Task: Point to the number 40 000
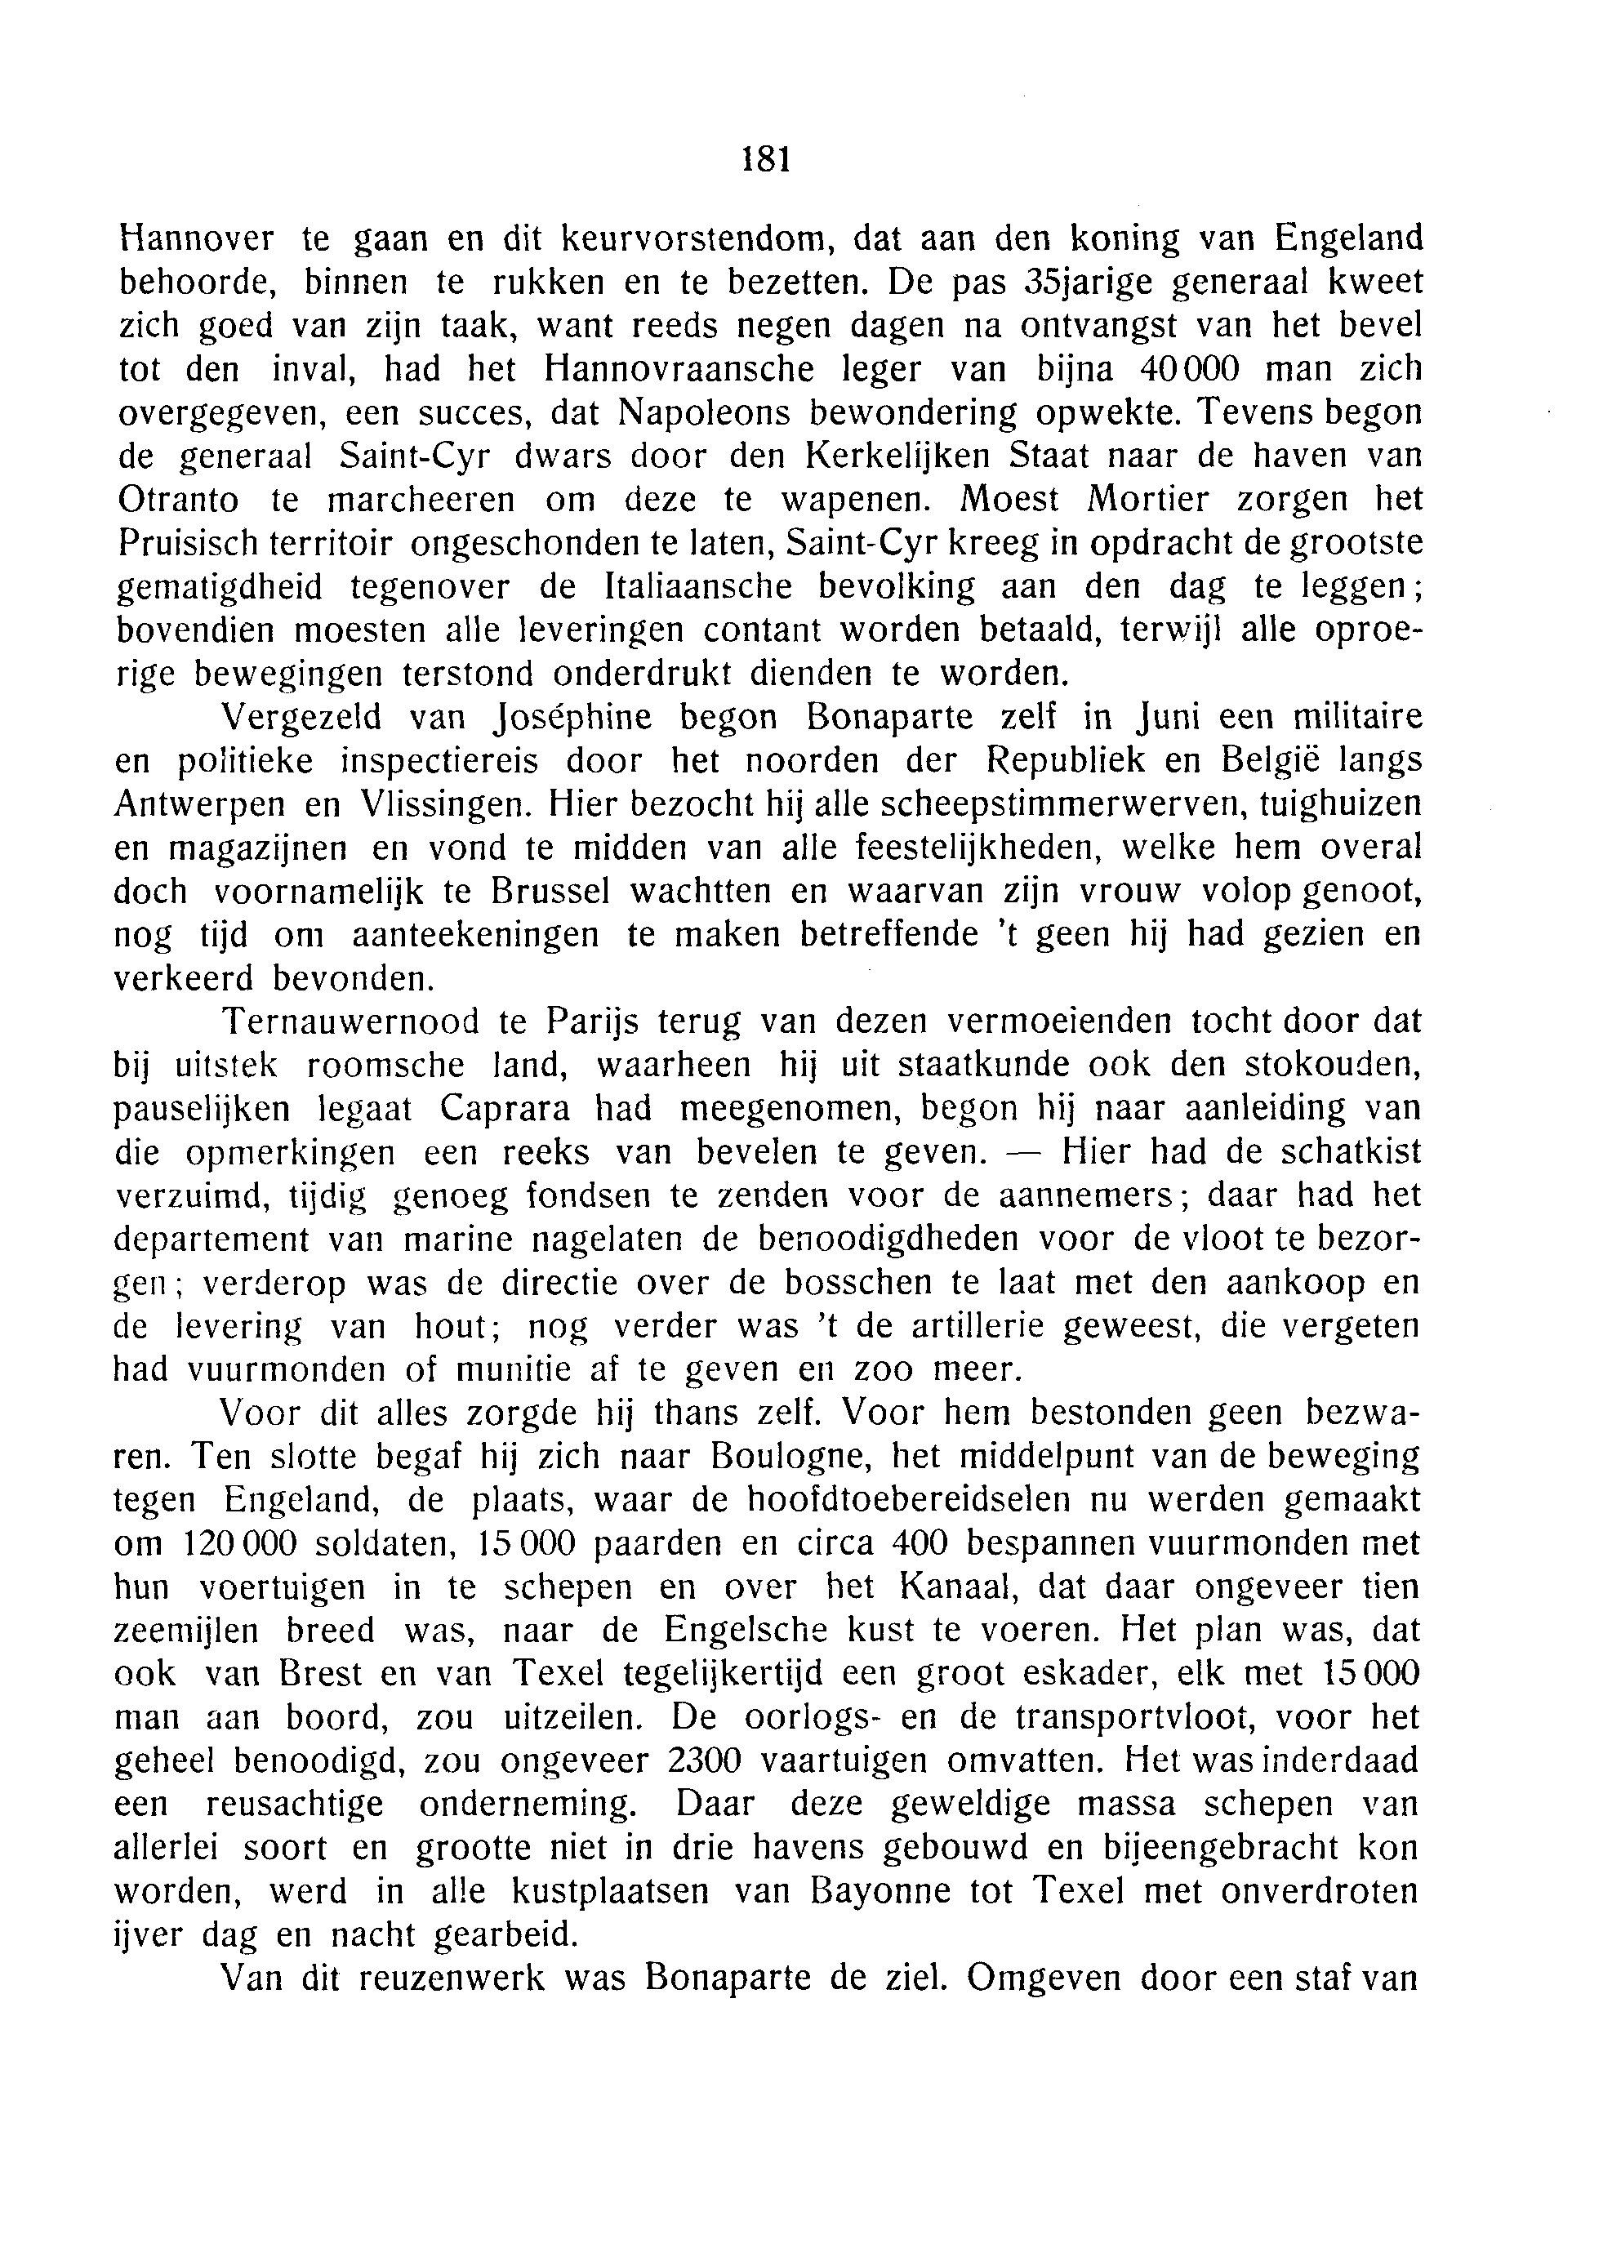1187,369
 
